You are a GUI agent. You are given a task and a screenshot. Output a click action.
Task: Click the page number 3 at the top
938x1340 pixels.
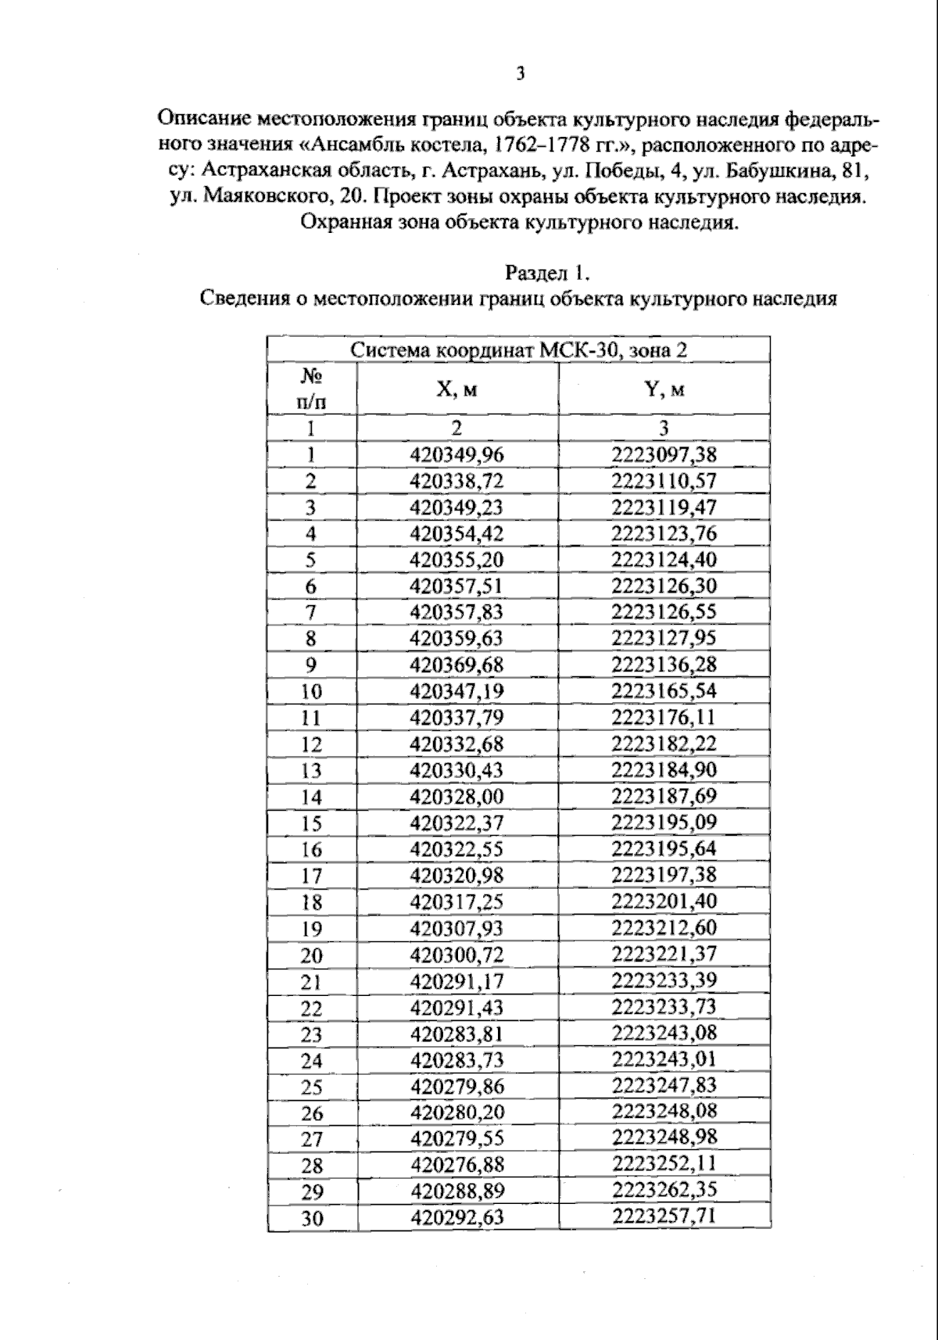[x=520, y=74]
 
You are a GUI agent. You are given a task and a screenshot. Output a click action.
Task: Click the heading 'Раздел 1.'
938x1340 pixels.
[x=546, y=273]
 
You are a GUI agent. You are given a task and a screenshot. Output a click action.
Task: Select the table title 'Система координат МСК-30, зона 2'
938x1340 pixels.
[x=518, y=349]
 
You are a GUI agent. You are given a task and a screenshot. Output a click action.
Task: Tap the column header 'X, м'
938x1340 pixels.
[x=457, y=389]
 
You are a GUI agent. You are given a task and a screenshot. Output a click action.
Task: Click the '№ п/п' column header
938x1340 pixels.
[x=312, y=389]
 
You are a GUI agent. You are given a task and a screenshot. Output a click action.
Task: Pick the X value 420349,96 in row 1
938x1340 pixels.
[x=457, y=455]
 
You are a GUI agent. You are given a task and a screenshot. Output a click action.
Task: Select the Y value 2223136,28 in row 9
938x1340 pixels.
[x=664, y=665]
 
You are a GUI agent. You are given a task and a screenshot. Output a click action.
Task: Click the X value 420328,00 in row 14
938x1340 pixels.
[x=457, y=797]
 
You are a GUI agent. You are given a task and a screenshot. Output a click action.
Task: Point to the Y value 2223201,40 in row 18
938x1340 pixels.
[x=664, y=901]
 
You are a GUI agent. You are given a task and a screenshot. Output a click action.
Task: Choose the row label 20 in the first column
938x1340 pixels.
[x=312, y=955]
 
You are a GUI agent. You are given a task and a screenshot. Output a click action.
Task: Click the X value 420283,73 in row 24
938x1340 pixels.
[x=457, y=1060]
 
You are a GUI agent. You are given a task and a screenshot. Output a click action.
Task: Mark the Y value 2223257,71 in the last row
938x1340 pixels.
[x=664, y=1216]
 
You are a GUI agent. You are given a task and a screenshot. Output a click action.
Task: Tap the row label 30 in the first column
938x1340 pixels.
[x=312, y=1218]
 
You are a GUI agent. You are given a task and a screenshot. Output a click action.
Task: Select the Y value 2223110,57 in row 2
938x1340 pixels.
[x=664, y=481]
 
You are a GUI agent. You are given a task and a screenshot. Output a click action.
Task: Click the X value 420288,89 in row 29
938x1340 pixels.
[x=457, y=1191]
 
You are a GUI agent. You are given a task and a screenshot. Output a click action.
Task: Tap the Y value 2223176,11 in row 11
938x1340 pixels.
[x=664, y=718]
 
